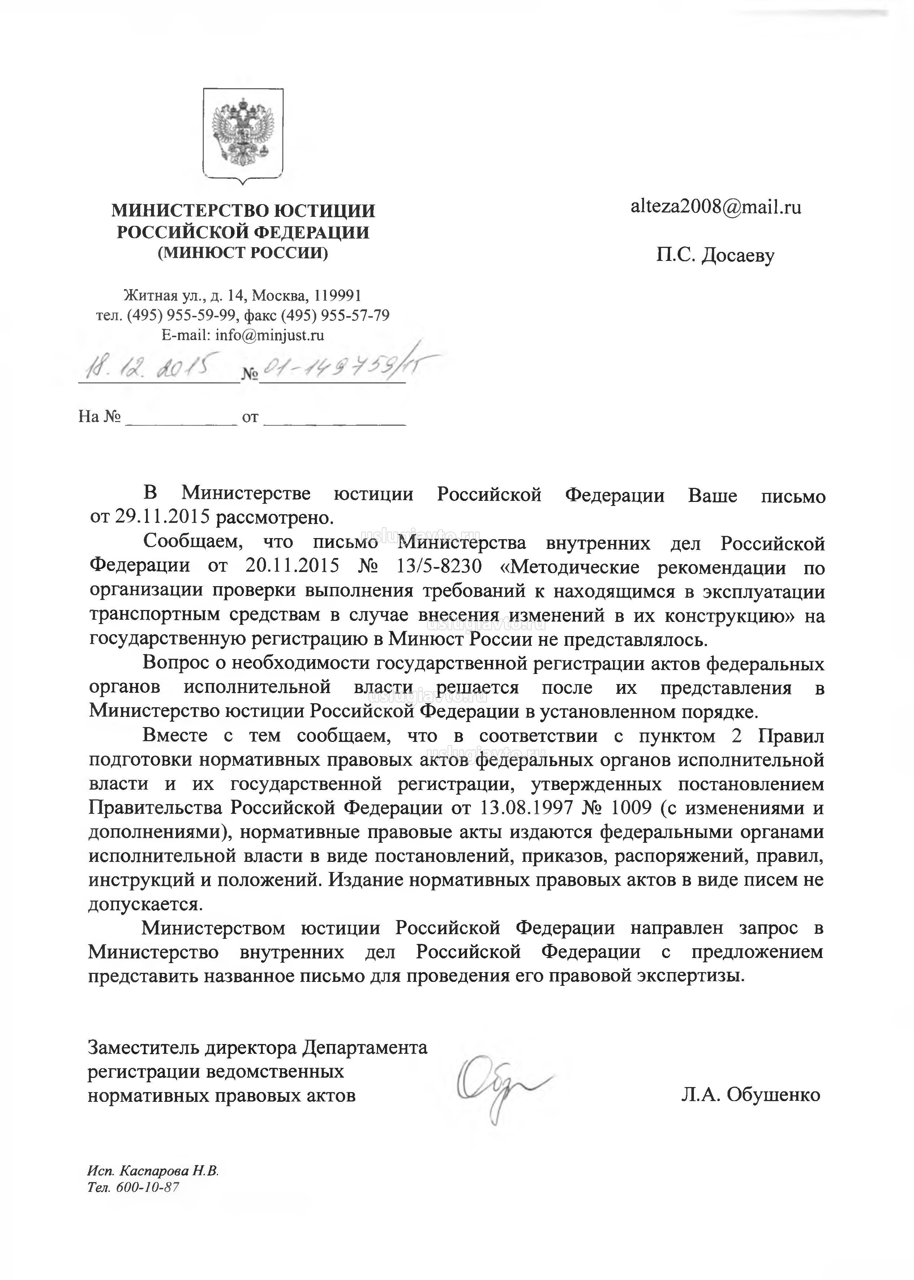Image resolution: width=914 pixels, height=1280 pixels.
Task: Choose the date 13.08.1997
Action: pyautogui.click(x=526, y=808)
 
